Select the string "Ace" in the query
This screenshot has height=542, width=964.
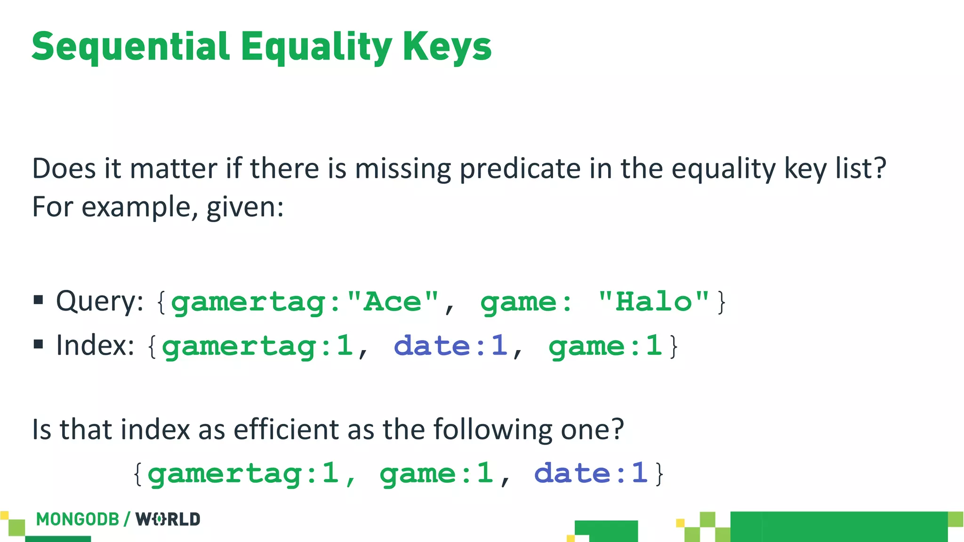(393, 302)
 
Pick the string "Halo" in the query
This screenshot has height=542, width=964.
(653, 302)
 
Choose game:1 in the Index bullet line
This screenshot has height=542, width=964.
(605, 346)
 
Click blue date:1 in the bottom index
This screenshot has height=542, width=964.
(591, 473)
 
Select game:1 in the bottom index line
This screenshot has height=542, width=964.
(436, 473)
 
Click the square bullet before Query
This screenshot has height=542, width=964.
(39, 300)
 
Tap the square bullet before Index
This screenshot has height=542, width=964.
(39, 344)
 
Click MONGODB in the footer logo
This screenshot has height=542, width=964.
(78, 519)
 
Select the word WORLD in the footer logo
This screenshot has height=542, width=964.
(168, 519)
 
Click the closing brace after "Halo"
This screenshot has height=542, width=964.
(721, 302)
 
